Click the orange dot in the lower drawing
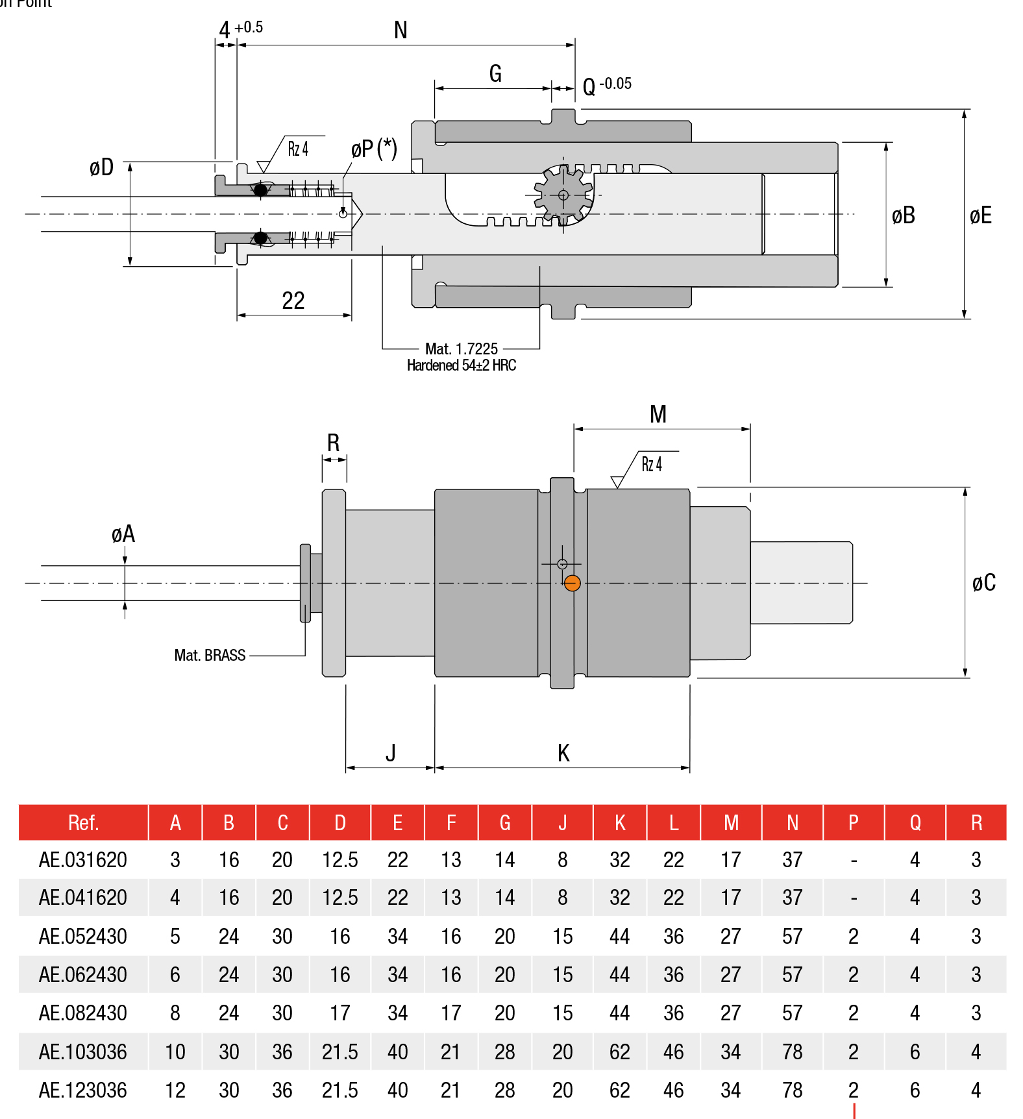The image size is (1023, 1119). [x=572, y=583]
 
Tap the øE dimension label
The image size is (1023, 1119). [x=980, y=215]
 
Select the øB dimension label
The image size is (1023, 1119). [x=903, y=215]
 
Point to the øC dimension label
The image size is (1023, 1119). [x=983, y=582]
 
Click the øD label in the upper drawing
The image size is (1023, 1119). [x=101, y=167]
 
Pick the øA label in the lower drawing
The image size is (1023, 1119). [x=123, y=534]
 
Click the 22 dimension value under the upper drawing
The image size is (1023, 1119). [x=293, y=301]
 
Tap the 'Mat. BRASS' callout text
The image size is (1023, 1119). [x=210, y=655]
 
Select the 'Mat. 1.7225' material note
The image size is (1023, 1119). [x=461, y=349]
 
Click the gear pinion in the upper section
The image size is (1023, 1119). [x=563, y=195]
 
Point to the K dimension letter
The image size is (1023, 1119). [x=563, y=753]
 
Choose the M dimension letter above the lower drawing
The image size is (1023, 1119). [x=658, y=414]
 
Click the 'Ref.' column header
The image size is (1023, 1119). [x=83, y=822]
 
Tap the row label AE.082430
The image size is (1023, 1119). [x=82, y=1013]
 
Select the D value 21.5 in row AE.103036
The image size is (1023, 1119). [x=339, y=1051]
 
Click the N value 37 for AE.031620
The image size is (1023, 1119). [x=792, y=860]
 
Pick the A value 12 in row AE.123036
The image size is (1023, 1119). [x=175, y=1090]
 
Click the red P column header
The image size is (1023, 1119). [x=853, y=822]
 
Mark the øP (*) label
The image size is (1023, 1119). [x=373, y=149]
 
